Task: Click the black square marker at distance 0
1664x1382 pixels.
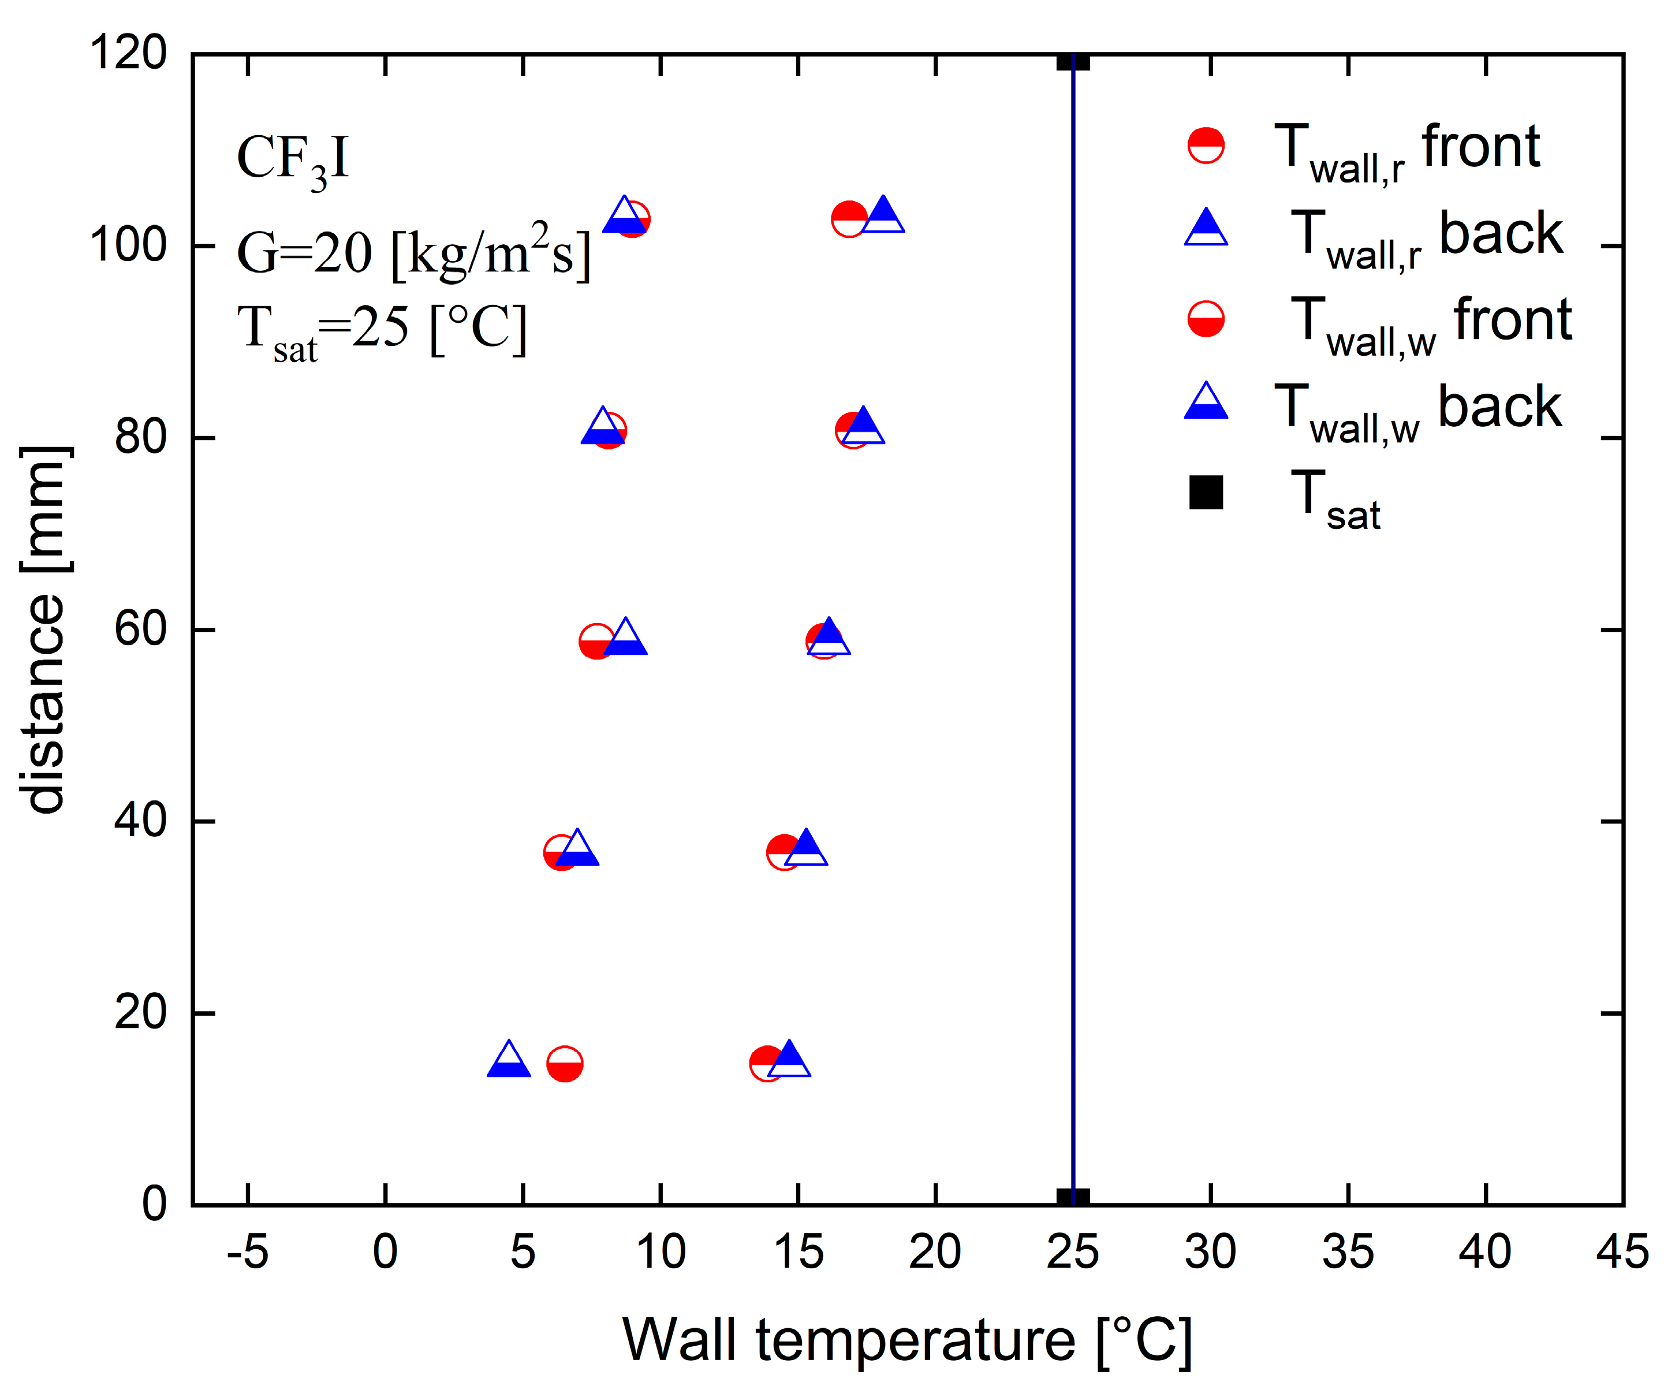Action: click(x=1073, y=1198)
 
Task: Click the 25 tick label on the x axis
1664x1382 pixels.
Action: click(x=1073, y=1253)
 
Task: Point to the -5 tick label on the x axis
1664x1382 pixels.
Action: click(x=247, y=1253)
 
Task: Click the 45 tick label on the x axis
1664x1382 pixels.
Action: click(x=1622, y=1253)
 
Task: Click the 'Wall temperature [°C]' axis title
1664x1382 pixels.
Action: click(x=907, y=1340)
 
